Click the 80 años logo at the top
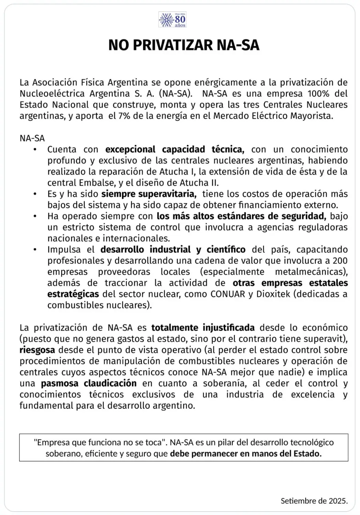click(172, 20)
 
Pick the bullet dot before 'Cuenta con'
click(35, 150)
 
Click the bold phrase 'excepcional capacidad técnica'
click(175, 149)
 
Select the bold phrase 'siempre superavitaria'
click(149, 194)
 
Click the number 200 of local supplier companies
click(340, 261)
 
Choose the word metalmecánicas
click(311, 272)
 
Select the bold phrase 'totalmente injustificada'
click(203, 328)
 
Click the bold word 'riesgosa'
click(37, 350)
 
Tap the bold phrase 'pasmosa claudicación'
click(89, 383)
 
